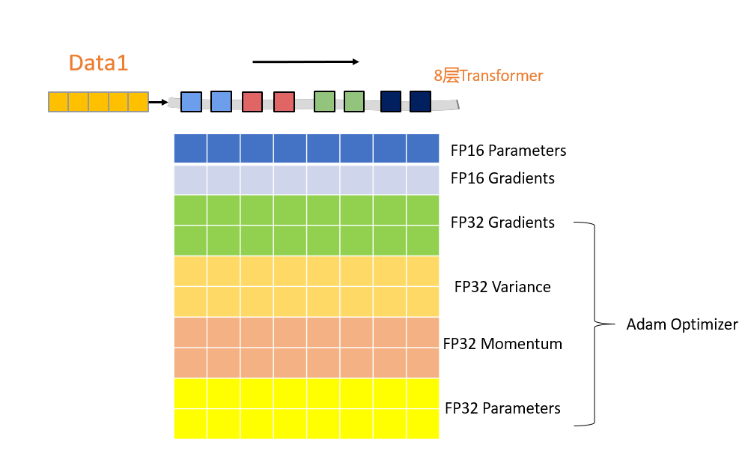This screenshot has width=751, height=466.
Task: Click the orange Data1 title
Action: [x=98, y=63]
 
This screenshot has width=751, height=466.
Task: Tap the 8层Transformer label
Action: [x=488, y=76]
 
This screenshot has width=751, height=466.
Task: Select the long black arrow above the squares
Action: [x=305, y=61]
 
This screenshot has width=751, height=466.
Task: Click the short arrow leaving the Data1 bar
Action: [x=158, y=102]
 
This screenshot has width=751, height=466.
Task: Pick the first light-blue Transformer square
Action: [x=192, y=102]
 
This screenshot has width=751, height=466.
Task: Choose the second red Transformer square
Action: [x=284, y=102]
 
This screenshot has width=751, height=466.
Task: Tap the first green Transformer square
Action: [x=324, y=101]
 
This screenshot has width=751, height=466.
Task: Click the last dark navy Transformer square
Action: [x=420, y=101]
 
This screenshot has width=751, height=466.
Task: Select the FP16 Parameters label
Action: [x=508, y=151]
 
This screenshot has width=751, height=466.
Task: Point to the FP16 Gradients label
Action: [x=502, y=178]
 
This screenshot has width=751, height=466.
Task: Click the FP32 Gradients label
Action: [x=502, y=223]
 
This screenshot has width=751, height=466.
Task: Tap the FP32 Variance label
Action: [x=502, y=287]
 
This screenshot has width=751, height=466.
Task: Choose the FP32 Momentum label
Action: [x=502, y=344]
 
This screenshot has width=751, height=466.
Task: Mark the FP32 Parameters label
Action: [x=502, y=408]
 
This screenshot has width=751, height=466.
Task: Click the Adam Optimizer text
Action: [x=682, y=324]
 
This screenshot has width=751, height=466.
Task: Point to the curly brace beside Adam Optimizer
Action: [x=596, y=324]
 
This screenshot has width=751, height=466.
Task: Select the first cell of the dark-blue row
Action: [x=190, y=148]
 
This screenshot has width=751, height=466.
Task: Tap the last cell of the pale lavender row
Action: [x=422, y=180]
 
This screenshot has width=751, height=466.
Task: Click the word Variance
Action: [x=521, y=287]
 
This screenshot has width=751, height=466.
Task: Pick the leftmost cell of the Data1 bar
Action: [x=58, y=102]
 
